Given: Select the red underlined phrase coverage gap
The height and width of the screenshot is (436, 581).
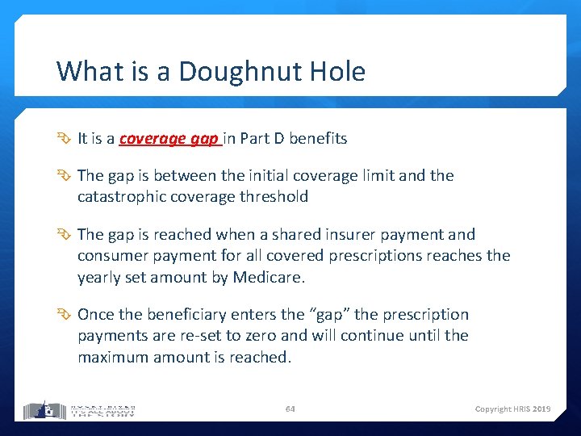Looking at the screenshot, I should click(169, 139).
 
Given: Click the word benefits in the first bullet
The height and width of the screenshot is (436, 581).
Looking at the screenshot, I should click(318, 139).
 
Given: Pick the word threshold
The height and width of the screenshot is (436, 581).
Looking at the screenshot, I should click(274, 196).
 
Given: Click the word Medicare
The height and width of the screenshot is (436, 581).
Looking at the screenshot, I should click(269, 276).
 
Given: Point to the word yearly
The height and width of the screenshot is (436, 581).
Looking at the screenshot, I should click(100, 276).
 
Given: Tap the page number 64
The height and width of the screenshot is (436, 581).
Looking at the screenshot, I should click(290, 409).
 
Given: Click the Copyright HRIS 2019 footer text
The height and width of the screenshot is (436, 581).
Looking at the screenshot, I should click(512, 409).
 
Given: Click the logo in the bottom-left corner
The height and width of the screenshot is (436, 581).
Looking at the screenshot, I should click(79, 409).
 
